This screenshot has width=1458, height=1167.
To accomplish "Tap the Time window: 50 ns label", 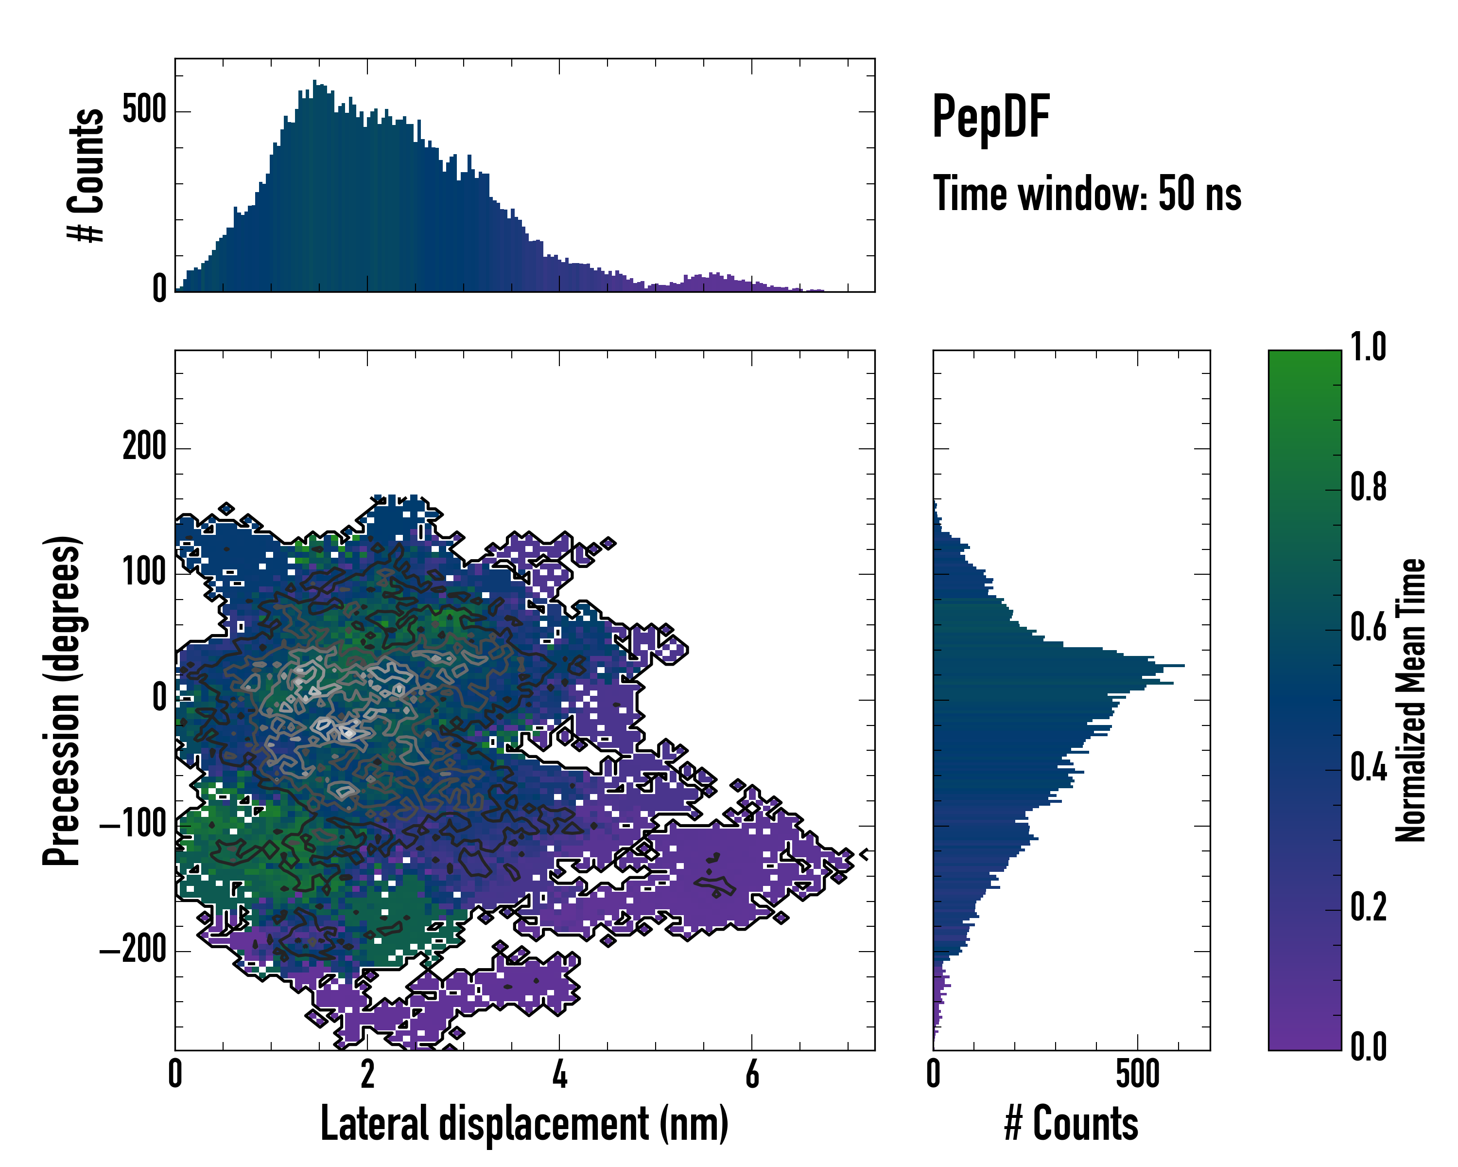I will pyautogui.click(x=1087, y=194).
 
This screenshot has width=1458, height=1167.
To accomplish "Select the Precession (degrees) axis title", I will pyautogui.click(x=62, y=700).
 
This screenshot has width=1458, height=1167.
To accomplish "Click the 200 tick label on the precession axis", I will pyautogui.click(x=144, y=447).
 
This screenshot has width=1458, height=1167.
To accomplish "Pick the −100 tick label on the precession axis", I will pyautogui.click(x=133, y=825).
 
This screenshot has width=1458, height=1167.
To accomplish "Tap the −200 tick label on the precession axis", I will pyautogui.click(x=133, y=951).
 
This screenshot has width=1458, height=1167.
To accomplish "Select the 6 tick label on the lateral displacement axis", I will pyautogui.click(x=752, y=1074).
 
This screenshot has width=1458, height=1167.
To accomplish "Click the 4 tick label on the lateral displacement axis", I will pyautogui.click(x=559, y=1074).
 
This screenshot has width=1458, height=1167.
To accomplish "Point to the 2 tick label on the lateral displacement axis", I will pyautogui.click(x=367, y=1074).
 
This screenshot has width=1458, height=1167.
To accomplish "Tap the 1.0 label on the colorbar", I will pyautogui.click(x=1368, y=348).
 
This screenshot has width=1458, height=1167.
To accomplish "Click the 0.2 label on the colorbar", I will pyautogui.click(x=1368, y=908).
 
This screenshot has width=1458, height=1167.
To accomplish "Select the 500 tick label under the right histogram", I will pyautogui.click(x=1137, y=1074).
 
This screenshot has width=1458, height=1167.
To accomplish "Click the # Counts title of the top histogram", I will pyautogui.click(x=86, y=175).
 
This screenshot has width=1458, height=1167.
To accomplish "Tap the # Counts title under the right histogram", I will pyautogui.click(x=1071, y=1124).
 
